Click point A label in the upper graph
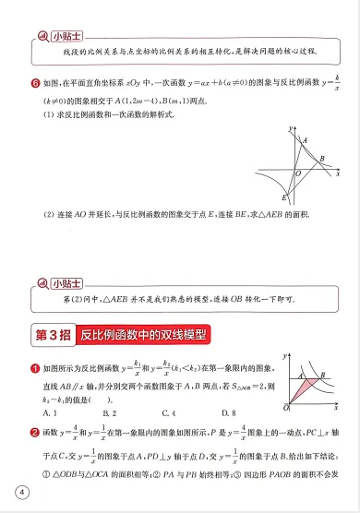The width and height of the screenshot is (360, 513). [304, 139]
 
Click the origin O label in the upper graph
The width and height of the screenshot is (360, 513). [297, 173]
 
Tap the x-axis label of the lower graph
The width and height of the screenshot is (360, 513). [337, 407]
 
